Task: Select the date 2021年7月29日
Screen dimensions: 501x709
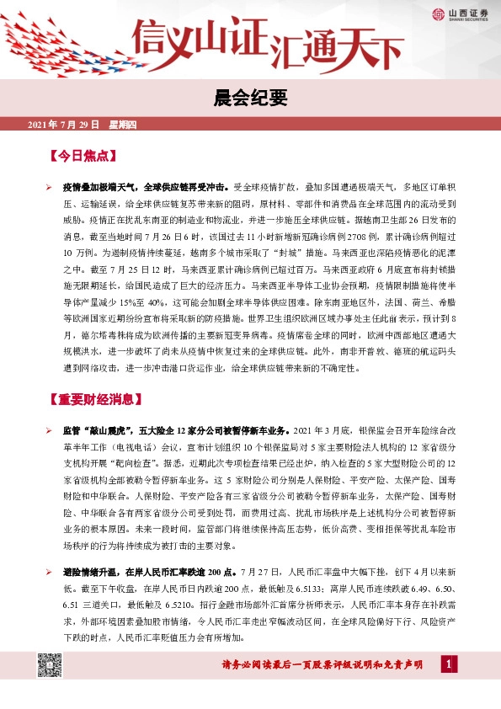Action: point(64,125)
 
